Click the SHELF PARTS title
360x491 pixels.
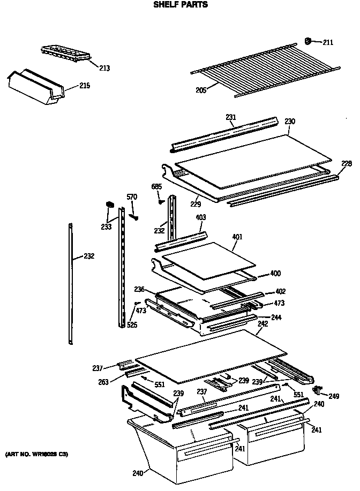click(180, 5)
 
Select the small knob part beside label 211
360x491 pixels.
click(309, 40)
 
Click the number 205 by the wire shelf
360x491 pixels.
click(200, 91)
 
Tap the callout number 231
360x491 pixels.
click(231, 117)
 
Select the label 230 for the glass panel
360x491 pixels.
click(290, 122)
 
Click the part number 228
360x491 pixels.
click(347, 163)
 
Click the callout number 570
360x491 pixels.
click(132, 197)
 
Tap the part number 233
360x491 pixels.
click(106, 227)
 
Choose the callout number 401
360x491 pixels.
click(237, 236)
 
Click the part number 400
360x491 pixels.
click(275, 274)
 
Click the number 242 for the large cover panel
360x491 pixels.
click(262, 324)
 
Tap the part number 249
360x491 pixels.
click(334, 396)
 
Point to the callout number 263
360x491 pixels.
click(103, 382)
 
